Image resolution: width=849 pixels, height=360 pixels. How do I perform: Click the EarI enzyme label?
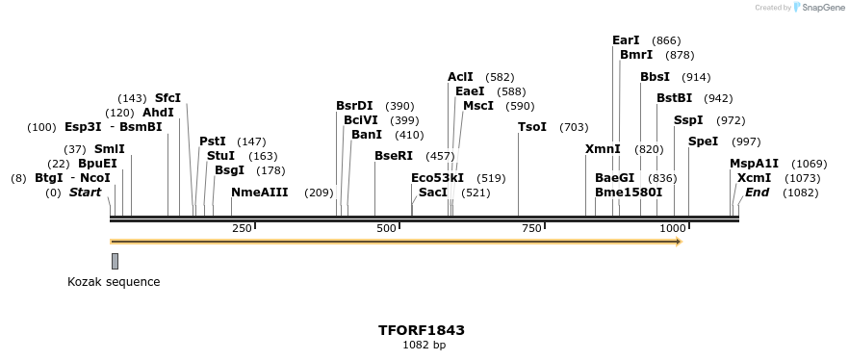[x=626, y=40]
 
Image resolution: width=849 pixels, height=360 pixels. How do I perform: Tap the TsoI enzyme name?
[x=532, y=127]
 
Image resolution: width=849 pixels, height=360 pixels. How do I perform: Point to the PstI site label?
[x=213, y=141]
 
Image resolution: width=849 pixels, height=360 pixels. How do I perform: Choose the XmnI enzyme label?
[x=603, y=149]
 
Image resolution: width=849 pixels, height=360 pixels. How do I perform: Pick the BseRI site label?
[x=393, y=156]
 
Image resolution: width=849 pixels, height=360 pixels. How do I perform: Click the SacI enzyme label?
[x=433, y=193]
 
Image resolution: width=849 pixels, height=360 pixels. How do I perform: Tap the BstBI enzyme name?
[x=674, y=98]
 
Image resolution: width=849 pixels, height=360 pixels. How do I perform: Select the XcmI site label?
[x=754, y=178]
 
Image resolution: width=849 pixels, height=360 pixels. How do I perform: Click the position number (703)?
[x=574, y=127]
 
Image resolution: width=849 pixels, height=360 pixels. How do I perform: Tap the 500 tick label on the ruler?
[x=386, y=228]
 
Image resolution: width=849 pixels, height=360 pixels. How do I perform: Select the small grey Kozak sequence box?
[x=115, y=261]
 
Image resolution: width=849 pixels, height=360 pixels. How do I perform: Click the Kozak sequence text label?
[x=114, y=282]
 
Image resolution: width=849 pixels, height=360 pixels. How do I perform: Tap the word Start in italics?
[x=85, y=193]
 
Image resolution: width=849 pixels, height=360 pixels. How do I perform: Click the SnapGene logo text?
[x=821, y=8]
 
